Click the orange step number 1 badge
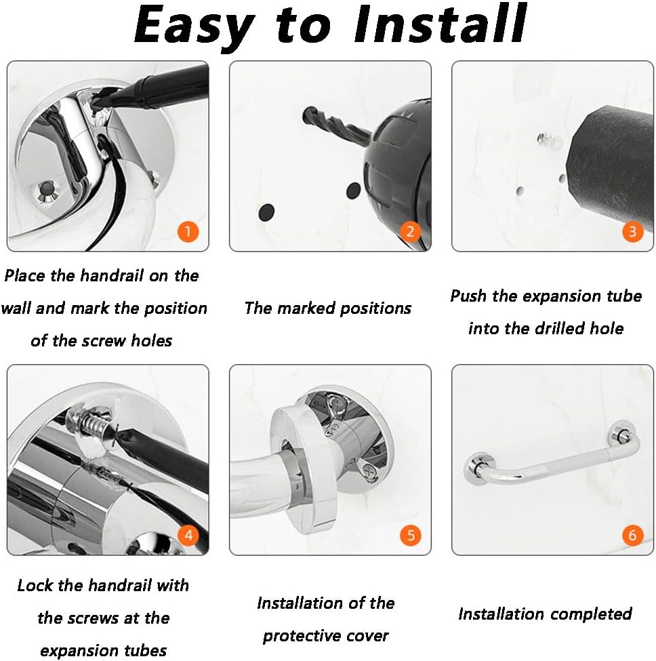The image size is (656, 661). pos(188,231)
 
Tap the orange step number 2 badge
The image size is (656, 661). pos(411,231)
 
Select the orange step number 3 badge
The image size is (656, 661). pos(632,231)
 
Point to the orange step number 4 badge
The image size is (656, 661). pos(188,536)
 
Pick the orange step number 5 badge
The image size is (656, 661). pos(411,536)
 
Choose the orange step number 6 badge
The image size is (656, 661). pos(632,536)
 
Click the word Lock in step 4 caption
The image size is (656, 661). pos(35,586)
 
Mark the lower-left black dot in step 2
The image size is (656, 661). pos(266,212)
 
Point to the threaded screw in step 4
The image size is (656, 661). pos(95,426)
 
